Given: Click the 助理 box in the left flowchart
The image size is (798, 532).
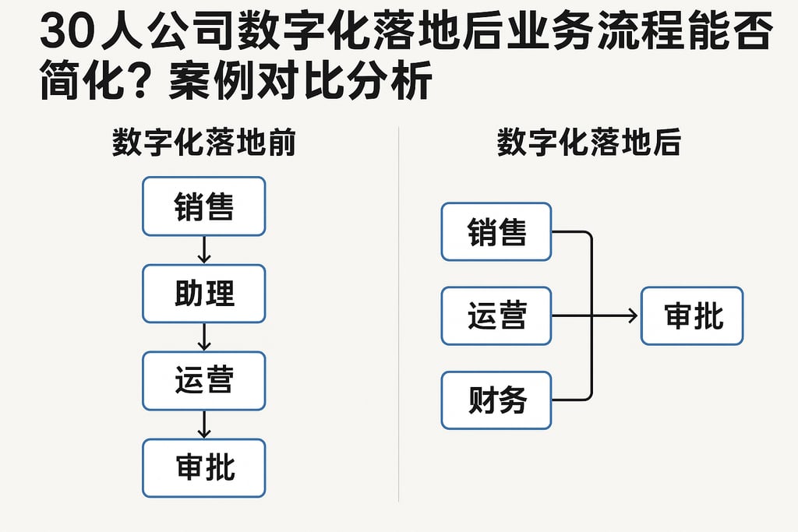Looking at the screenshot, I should point(203,294).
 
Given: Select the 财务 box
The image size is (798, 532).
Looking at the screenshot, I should point(496,400).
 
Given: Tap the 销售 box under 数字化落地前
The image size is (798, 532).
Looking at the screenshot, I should point(203,206).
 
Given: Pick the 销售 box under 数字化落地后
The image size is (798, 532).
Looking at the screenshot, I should point(496,232).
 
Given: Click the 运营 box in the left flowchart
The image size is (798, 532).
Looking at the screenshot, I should point(203,381).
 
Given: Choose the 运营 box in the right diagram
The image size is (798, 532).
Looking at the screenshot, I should point(496,316).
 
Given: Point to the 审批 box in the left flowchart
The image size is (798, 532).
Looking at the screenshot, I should point(203,468).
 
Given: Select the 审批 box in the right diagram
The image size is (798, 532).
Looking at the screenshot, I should point(692,316).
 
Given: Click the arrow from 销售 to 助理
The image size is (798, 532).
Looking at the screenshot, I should point(203,250).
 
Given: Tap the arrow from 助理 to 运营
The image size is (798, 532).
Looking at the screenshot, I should point(203,337).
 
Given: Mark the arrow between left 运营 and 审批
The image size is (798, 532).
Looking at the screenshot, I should point(203,425).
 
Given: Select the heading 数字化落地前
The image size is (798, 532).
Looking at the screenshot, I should point(203,144).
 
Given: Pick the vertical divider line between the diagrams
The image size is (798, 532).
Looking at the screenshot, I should point(399,312).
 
